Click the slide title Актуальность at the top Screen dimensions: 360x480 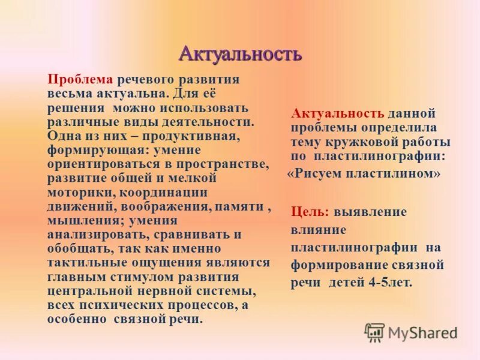point(240,55)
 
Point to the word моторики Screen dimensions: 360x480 point(82,192)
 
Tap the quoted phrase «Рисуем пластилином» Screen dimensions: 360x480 point(364,174)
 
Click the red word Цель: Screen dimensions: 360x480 point(310,212)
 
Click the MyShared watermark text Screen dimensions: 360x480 point(422,332)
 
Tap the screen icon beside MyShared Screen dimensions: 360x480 point(374,332)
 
